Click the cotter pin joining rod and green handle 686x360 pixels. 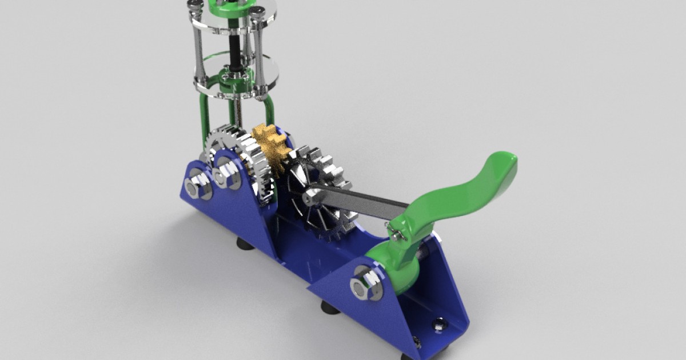coord(397,232)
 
